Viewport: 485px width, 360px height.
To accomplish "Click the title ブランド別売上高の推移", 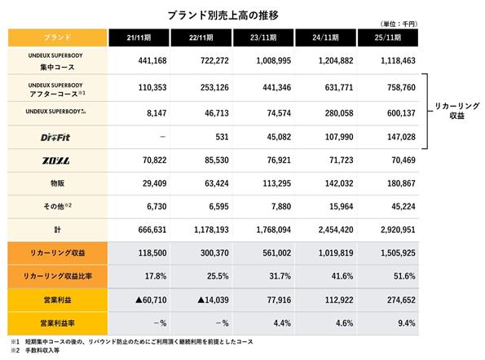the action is pyautogui.click(x=223, y=15).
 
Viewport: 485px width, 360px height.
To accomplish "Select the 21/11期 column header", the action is pyautogui.click(x=139, y=37).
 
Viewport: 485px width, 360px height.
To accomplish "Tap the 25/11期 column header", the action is pyautogui.click(x=388, y=37).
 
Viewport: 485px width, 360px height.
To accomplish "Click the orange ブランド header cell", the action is pyautogui.click(x=58, y=37).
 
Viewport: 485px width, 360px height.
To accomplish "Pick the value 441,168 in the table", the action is pyautogui.click(x=152, y=60).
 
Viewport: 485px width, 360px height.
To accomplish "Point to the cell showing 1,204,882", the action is pyautogui.click(x=336, y=60).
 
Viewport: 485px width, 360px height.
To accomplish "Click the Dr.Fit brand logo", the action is pyautogui.click(x=55, y=137).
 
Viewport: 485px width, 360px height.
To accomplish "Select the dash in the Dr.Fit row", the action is pyautogui.click(x=163, y=137).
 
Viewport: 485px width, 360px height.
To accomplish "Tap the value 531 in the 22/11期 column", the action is pyautogui.click(x=222, y=137).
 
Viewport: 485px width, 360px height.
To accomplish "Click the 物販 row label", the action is pyautogui.click(x=58, y=183).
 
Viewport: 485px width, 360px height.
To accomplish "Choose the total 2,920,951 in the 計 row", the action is pyautogui.click(x=398, y=230).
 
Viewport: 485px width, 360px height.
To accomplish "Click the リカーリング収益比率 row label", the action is pyautogui.click(x=58, y=276).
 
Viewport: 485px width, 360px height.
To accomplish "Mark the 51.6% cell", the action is pyautogui.click(x=404, y=276).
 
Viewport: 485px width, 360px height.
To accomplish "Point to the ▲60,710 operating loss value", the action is pyautogui.click(x=151, y=300).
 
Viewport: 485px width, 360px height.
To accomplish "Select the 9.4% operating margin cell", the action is pyautogui.click(x=407, y=323).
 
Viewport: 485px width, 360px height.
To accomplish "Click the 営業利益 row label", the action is pyautogui.click(x=58, y=300).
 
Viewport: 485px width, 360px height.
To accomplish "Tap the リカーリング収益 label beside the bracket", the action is pyautogui.click(x=456, y=111).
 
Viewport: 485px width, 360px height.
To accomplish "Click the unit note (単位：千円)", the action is pyautogui.click(x=399, y=24).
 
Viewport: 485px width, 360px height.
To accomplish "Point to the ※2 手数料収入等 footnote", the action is pyautogui.click(x=35, y=350).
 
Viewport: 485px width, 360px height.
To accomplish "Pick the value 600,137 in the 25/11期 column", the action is pyautogui.click(x=401, y=113).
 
